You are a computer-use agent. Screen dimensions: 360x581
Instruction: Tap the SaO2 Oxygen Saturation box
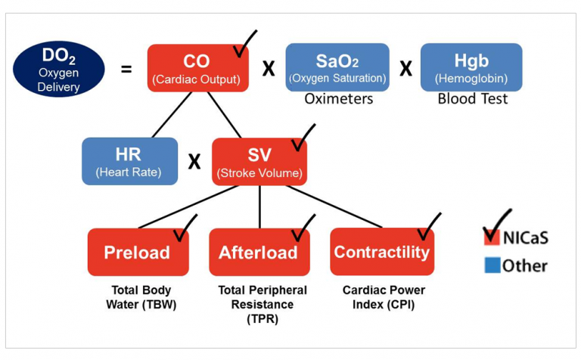click(x=337, y=67)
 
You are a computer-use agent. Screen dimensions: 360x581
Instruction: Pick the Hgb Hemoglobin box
click(x=471, y=67)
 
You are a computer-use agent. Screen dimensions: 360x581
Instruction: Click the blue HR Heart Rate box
click(x=130, y=161)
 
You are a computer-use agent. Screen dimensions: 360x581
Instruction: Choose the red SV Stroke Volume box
click(x=259, y=161)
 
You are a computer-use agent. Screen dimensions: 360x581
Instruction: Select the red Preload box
click(x=137, y=252)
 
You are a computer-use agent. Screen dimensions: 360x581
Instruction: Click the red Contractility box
click(x=382, y=252)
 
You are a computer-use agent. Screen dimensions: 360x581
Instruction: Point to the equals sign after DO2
click(x=126, y=69)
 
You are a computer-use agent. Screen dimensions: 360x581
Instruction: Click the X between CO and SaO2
click(x=269, y=69)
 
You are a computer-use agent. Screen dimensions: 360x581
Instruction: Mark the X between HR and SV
click(x=194, y=162)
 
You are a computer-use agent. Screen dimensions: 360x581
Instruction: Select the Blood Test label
click(x=472, y=99)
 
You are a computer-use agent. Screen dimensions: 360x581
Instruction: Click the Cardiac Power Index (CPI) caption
click(x=384, y=296)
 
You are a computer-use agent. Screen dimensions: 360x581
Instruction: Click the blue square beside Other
click(x=491, y=265)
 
